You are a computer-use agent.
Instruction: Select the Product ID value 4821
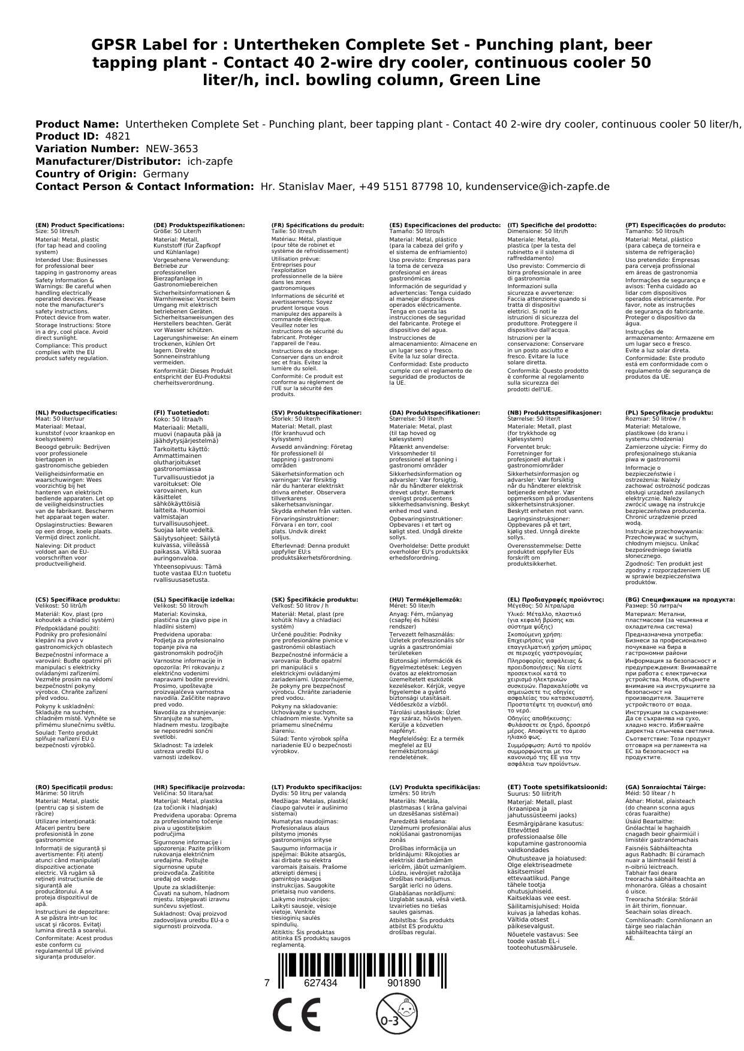(118, 137)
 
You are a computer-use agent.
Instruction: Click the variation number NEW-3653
(171, 149)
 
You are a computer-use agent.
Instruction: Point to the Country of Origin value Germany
(165, 174)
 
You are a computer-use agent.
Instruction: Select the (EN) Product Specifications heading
(80, 225)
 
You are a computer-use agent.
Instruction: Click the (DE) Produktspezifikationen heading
(199, 225)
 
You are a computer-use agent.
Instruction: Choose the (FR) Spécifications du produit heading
(317, 225)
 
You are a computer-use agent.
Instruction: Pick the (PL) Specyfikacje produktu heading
(669, 413)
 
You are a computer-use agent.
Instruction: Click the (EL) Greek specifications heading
(556, 600)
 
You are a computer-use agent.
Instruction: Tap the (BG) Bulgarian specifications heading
(680, 600)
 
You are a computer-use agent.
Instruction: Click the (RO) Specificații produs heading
(74, 787)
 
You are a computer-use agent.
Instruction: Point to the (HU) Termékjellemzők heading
(426, 600)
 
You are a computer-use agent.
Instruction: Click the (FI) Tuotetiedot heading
(181, 413)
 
